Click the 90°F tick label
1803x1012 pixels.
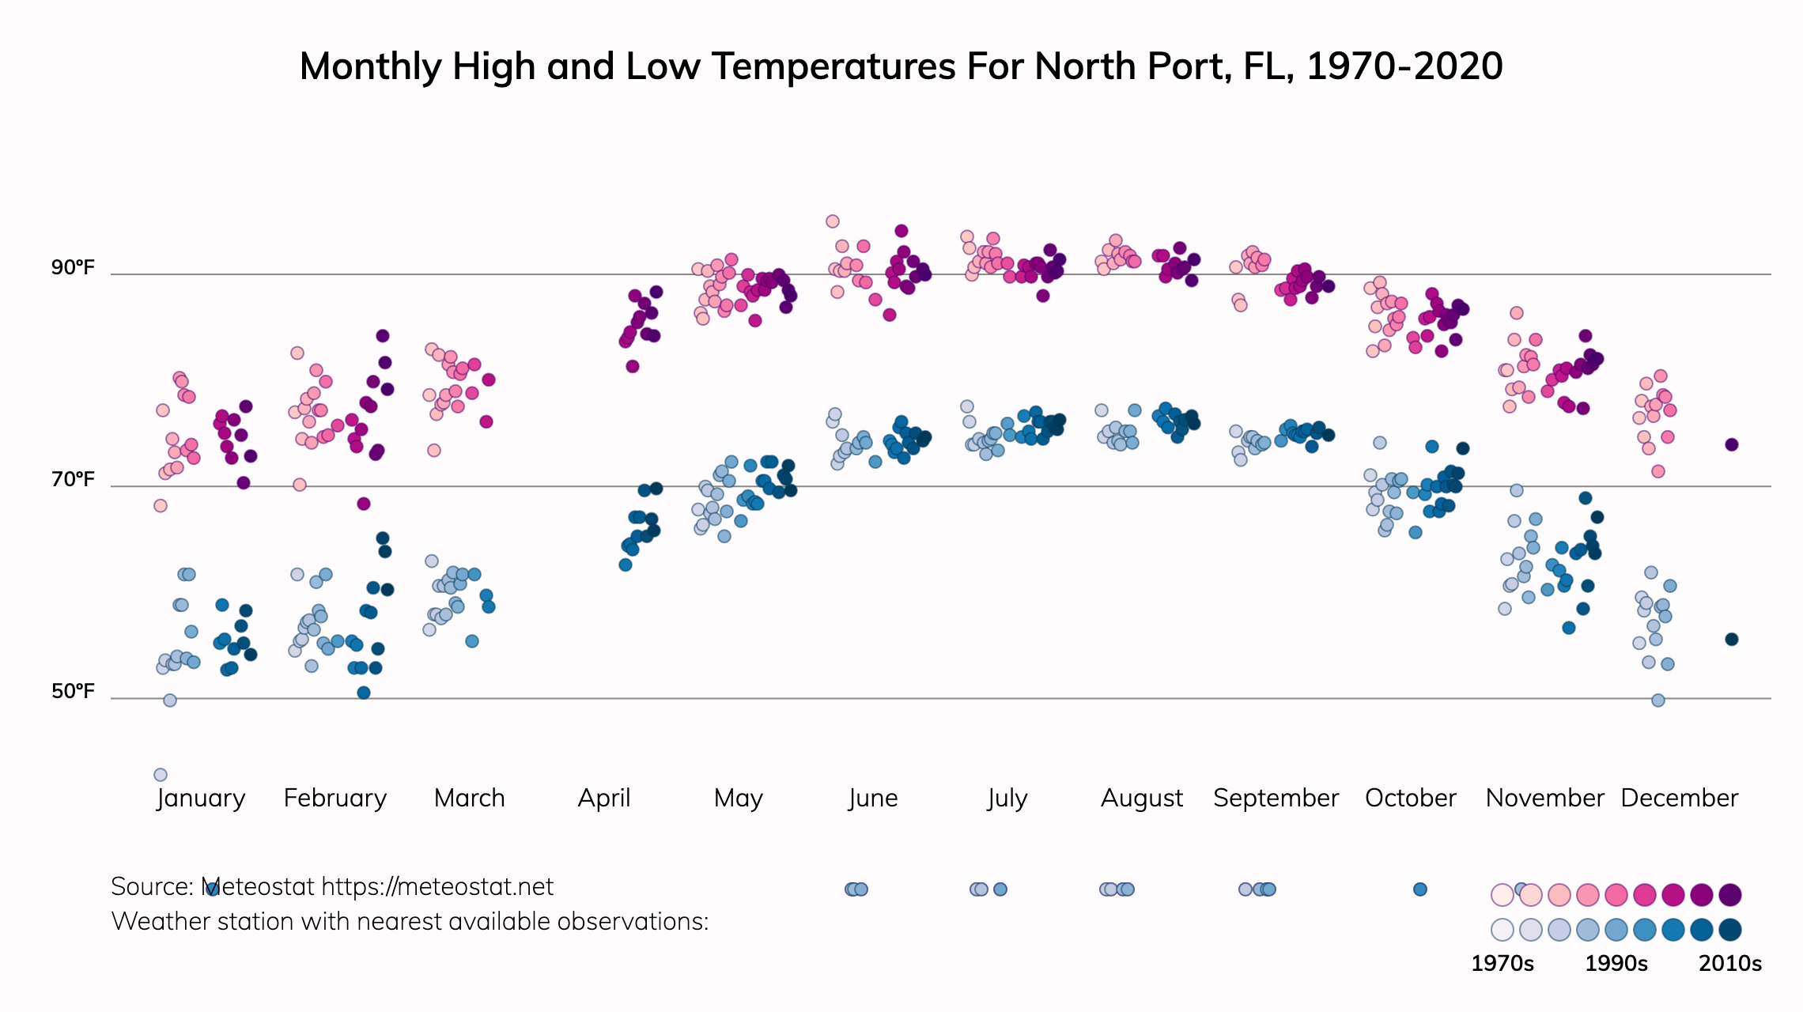click(x=73, y=268)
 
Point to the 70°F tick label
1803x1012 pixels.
click(x=73, y=480)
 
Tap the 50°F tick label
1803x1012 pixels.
click(x=73, y=692)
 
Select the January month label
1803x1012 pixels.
click(x=201, y=799)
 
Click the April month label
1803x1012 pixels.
click(x=604, y=799)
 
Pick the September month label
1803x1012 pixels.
click(x=1276, y=799)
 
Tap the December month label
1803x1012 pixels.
click(x=1679, y=799)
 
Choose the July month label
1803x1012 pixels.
click(x=1007, y=799)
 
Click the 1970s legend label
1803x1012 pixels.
click(x=1502, y=964)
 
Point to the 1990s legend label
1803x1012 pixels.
click(x=1616, y=964)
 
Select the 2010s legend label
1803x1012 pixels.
click(x=1730, y=964)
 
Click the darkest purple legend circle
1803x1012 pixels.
click(x=1730, y=895)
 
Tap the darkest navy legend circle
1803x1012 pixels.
click(x=1730, y=930)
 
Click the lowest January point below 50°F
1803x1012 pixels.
click(x=161, y=775)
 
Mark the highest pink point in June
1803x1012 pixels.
click(x=833, y=221)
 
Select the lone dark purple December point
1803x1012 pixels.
click(x=1732, y=445)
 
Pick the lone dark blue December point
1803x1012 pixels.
click(x=1732, y=640)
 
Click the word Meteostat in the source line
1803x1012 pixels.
click(x=258, y=887)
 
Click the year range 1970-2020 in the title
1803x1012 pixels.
click(x=1404, y=66)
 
